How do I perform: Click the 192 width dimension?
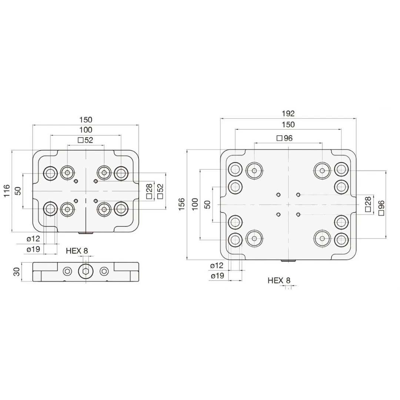pos(288,114)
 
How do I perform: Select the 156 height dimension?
pos(181,204)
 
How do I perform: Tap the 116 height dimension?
pos(7,191)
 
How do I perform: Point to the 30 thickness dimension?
pos(17,272)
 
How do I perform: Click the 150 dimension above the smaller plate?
pos(86,120)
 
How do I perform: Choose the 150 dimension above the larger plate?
pos(288,124)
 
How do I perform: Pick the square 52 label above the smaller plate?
pos(86,140)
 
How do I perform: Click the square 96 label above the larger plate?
pos(285,138)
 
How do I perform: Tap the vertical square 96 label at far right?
pos(381,208)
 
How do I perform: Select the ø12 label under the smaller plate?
pos(33,239)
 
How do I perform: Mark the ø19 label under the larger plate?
pos(217,276)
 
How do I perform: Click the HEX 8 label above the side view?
pos(77,251)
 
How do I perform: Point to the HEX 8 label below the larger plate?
pos(279,281)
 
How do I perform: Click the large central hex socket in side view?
pos(86,272)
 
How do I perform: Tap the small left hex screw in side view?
pos(67,272)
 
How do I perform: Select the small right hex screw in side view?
pos(104,272)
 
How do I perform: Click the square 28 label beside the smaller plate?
pos(149,191)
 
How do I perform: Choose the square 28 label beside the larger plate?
pos(368,204)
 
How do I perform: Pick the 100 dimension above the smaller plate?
pos(86,130)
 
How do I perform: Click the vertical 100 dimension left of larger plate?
pos(195,204)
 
